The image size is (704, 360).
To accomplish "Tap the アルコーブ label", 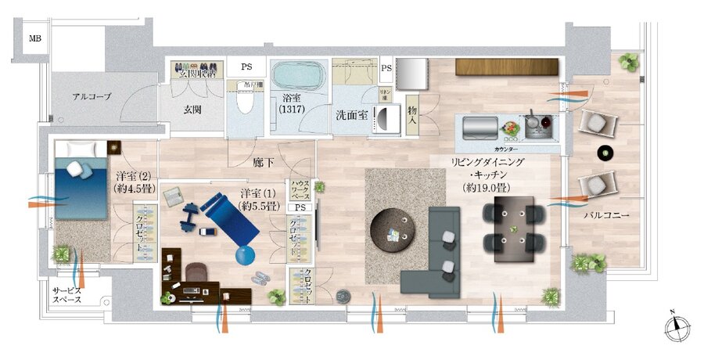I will pos(92,97).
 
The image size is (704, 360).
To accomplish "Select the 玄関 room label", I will pos(192,110).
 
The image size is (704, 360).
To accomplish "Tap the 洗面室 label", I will pos(351,114).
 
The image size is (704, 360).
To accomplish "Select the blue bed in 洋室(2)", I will pos(81,180).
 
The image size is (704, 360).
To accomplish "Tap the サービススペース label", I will pos(67,295).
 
